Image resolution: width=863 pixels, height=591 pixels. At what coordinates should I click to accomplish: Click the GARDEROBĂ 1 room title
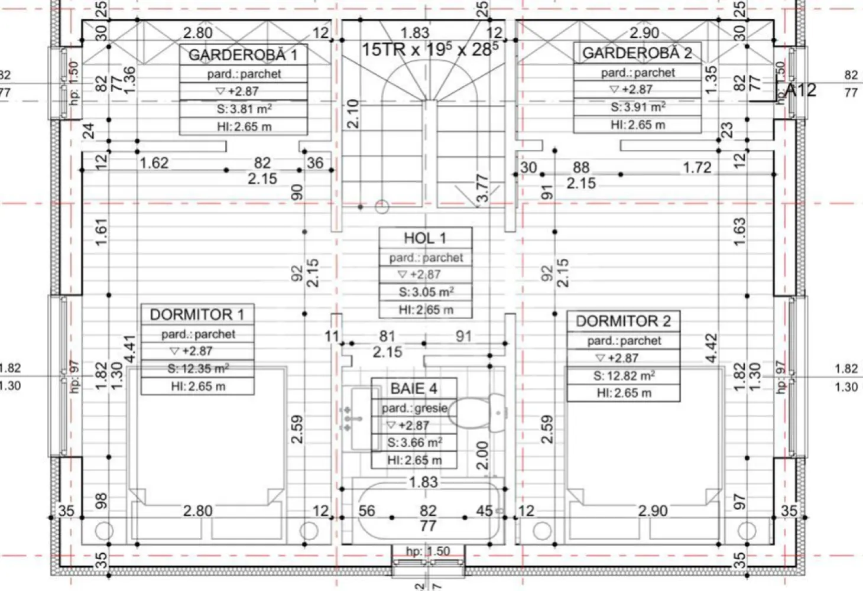tap(243, 56)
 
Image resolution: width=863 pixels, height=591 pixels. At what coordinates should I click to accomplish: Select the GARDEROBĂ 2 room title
tap(637, 53)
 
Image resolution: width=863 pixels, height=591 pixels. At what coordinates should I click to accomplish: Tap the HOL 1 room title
tap(425, 238)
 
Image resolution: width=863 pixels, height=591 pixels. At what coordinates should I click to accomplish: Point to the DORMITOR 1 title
tap(197, 314)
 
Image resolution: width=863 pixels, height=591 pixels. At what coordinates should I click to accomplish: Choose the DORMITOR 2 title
tap(623, 322)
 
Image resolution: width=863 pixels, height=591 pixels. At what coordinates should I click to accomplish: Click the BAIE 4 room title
tap(414, 389)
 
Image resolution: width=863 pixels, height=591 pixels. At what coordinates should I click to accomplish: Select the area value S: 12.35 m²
tap(197, 369)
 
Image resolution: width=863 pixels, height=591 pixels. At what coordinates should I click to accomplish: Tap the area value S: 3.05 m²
tap(426, 292)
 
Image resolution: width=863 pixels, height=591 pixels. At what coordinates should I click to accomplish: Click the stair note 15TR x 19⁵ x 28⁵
tap(430, 49)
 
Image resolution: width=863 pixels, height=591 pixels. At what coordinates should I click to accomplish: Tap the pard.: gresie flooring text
tap(414, 408)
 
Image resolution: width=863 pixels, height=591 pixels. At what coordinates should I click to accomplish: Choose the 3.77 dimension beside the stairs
tap(482, 188)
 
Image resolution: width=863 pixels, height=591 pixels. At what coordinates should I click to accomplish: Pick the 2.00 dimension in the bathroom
tap(482, 455)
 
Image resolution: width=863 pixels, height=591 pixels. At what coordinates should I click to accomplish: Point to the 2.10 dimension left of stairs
tap(352, 113)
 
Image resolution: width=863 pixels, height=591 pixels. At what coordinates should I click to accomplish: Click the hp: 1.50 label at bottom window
tap(428, 551)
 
